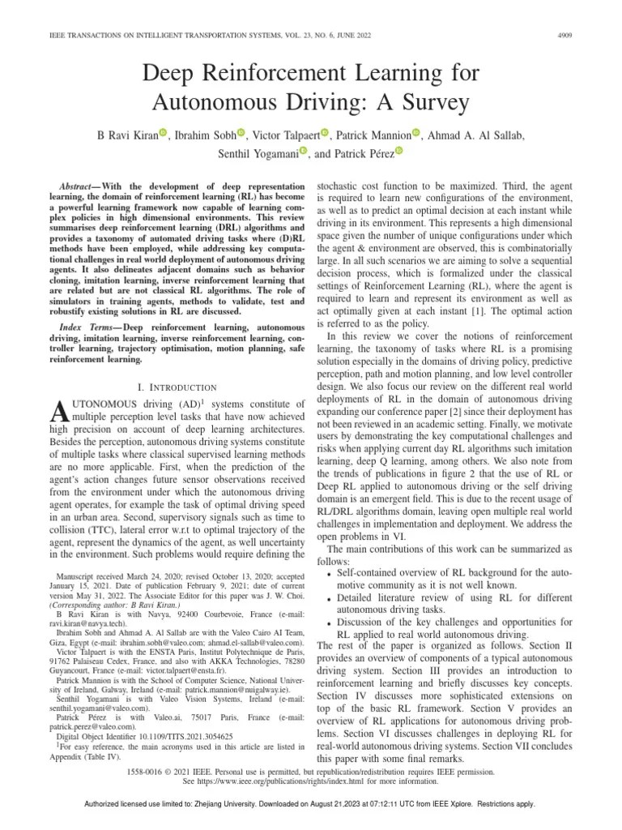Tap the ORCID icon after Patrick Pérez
pos(398,152)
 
